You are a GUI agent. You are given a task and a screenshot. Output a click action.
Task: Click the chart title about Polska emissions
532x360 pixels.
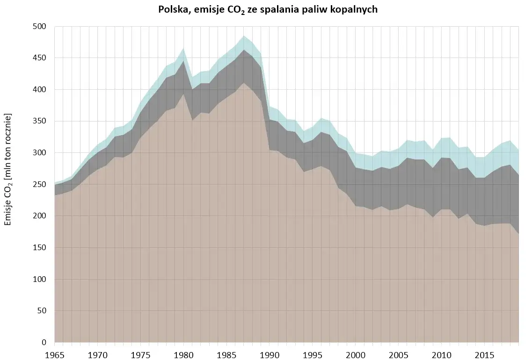268,10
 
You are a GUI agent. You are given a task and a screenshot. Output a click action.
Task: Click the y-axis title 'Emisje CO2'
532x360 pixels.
8,170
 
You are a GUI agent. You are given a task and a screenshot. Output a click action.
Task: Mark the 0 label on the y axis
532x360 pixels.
44,343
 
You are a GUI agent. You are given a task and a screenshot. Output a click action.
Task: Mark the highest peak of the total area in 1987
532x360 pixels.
244,36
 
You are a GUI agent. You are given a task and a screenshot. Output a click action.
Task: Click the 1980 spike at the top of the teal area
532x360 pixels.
183,48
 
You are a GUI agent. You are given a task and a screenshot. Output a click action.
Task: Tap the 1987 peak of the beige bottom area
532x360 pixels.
244,83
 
